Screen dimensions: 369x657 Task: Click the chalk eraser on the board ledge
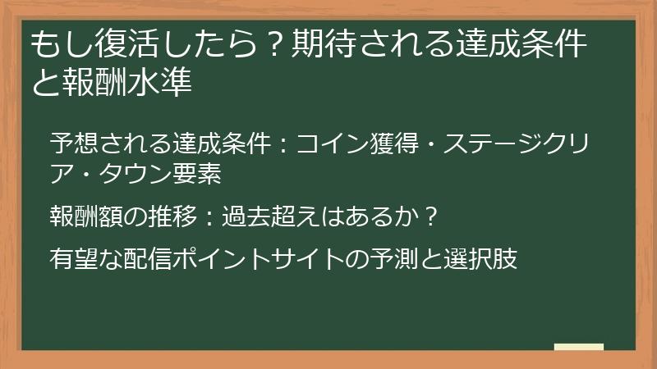(x=578, y=348)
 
